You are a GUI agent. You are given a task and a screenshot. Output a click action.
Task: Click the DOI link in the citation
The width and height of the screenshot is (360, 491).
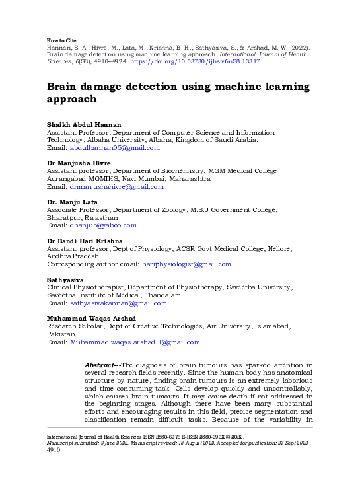205,61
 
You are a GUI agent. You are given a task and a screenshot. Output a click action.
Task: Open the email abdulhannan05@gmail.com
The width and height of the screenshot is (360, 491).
115,149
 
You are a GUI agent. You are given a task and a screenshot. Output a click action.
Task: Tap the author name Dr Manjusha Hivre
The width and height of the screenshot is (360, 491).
79,163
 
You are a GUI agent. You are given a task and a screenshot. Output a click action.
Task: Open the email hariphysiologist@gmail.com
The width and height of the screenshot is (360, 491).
186,264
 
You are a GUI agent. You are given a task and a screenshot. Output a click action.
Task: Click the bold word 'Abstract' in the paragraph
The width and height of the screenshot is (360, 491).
100,365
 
